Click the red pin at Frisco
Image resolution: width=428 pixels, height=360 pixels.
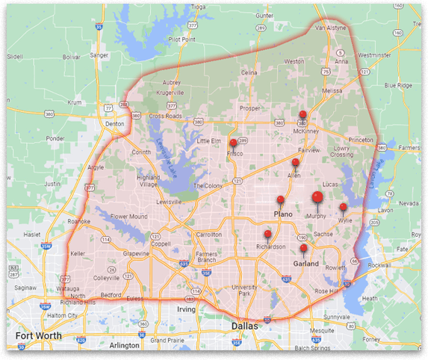pyautogui.click(x=233, y=143)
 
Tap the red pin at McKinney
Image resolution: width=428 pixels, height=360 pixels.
pyautogui.click(x=303, y=115)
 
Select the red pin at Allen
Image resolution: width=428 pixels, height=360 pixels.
pyautogui.click(x=296, y=163)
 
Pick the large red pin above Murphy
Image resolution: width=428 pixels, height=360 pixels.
pyautogui.click(x=317, y=197)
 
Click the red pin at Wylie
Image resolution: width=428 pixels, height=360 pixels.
pyautogui.click(x=343, y=208)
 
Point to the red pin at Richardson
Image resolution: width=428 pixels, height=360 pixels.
pyautogui.click(x=267, y=235)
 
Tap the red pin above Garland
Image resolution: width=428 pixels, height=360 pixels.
pyautogui.click(x=303, y=249)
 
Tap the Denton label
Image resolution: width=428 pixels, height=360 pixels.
pyautogui.click(x=114, y=123)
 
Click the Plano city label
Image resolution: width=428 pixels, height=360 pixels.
pyautogui.click(x=283, y=214)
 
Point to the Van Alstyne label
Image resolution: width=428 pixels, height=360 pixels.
pyautogui.click(x=331, y=28)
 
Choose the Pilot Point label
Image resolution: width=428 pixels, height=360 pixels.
pyautogui.click(x=182, y=39)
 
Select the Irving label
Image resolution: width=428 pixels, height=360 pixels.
pyautogui.click(x=186, y=308)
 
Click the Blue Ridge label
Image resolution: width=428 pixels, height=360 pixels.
pyautogui.click(x=397, y=85)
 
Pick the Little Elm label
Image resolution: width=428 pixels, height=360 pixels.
pyautogui.click(x=210, y=140)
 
